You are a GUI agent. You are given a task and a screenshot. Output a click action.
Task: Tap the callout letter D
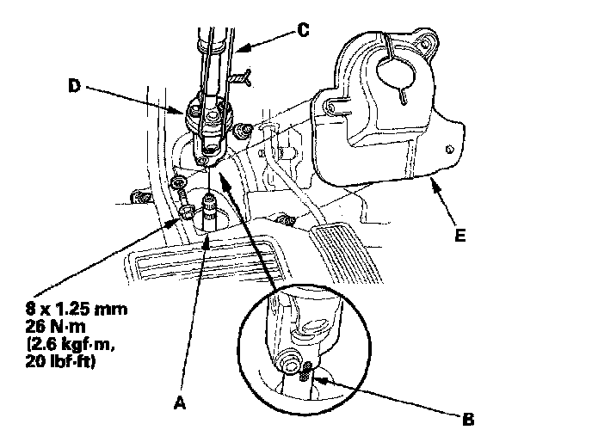tap(74, 85)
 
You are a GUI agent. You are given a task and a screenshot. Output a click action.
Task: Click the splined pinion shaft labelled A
tap(210, 212)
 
